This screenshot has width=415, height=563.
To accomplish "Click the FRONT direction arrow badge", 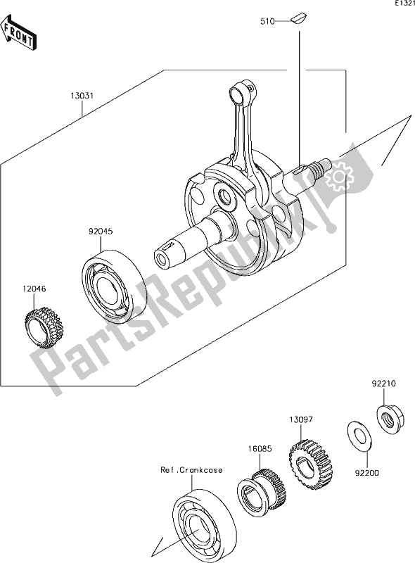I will click(19, 36).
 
